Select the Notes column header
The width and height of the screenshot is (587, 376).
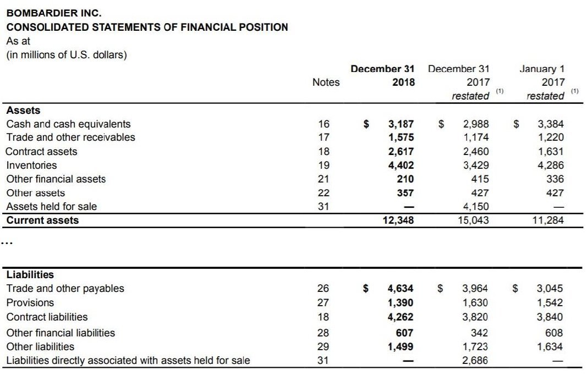point(326,82)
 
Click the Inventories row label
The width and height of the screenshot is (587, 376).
point(31,165)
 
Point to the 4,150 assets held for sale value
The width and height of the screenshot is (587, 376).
point(476,207)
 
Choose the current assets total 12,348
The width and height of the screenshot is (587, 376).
point(399,220)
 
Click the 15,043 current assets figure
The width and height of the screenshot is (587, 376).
point(474,220)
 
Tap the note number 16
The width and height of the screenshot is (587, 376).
point(324,124)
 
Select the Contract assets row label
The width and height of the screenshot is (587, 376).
point(41,151)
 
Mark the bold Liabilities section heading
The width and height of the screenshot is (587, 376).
point(30,274)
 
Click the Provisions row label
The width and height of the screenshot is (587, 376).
point(30,302)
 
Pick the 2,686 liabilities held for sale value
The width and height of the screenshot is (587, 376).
point(476,361)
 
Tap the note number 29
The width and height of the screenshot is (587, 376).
point(324,346)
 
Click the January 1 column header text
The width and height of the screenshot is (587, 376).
point(542,69)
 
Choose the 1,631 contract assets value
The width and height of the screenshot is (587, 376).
point(551,151)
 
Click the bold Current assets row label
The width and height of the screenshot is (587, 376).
point(42,220)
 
